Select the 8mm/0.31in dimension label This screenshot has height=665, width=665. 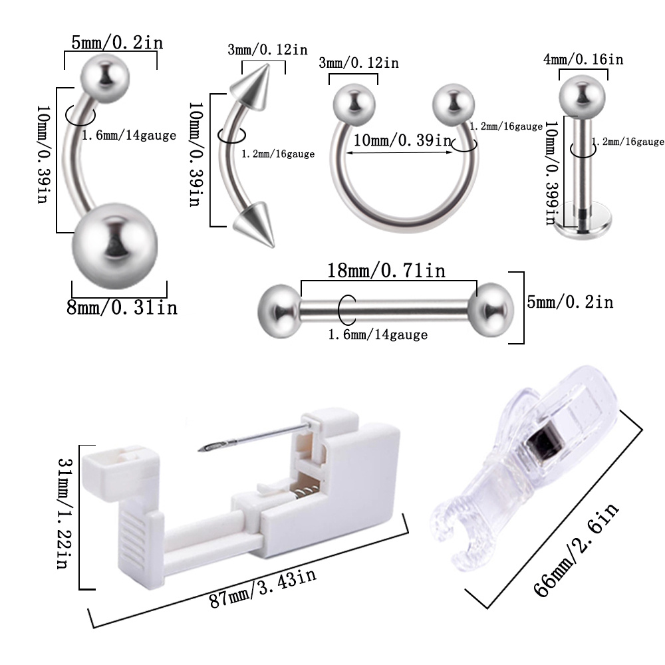click(x=122, y=308)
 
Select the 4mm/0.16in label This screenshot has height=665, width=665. click(x=583, y=59)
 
